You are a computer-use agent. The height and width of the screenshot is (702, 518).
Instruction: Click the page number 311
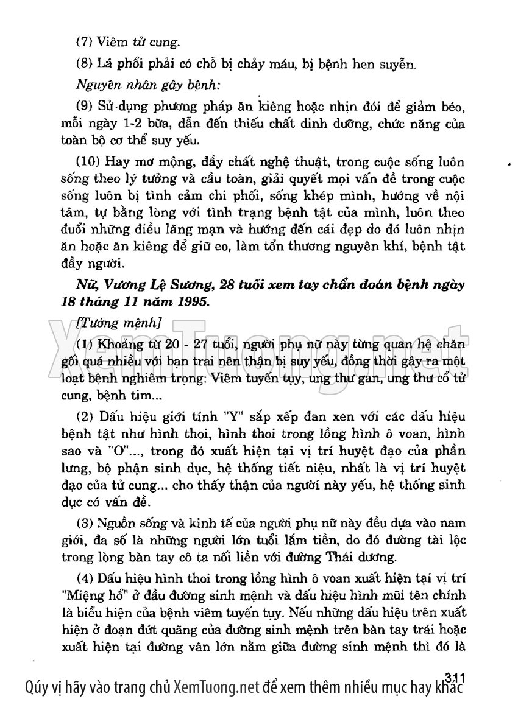click(x=455, y=676)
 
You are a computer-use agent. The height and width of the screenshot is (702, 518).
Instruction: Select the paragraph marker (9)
click(x=83, y=108)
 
